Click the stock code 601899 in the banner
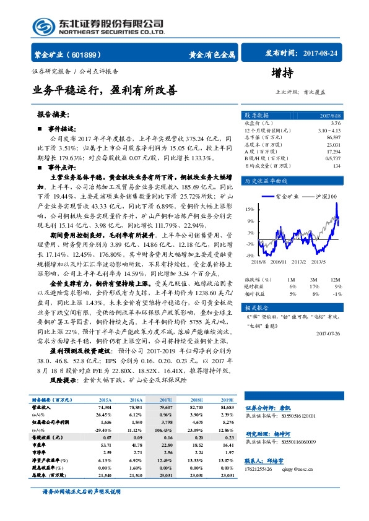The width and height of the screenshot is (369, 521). (x=83, y=54)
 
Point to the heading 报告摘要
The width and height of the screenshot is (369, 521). (x=53, y=114)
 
